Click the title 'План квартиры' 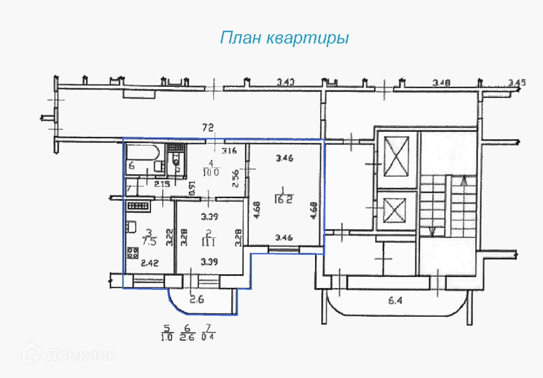point(284,38)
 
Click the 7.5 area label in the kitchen point(149,241)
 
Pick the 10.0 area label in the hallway point(211,172)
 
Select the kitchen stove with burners point(133,252)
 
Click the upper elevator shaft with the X point(397,157)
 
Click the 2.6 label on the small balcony point(197,299)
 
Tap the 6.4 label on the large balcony point(395,300)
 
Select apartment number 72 point(208,128)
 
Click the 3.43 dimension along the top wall point(286,83)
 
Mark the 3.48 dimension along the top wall point(441,83)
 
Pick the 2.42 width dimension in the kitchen point(150,262)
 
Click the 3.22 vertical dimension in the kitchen point(170,237)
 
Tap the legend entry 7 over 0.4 point(208,333)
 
